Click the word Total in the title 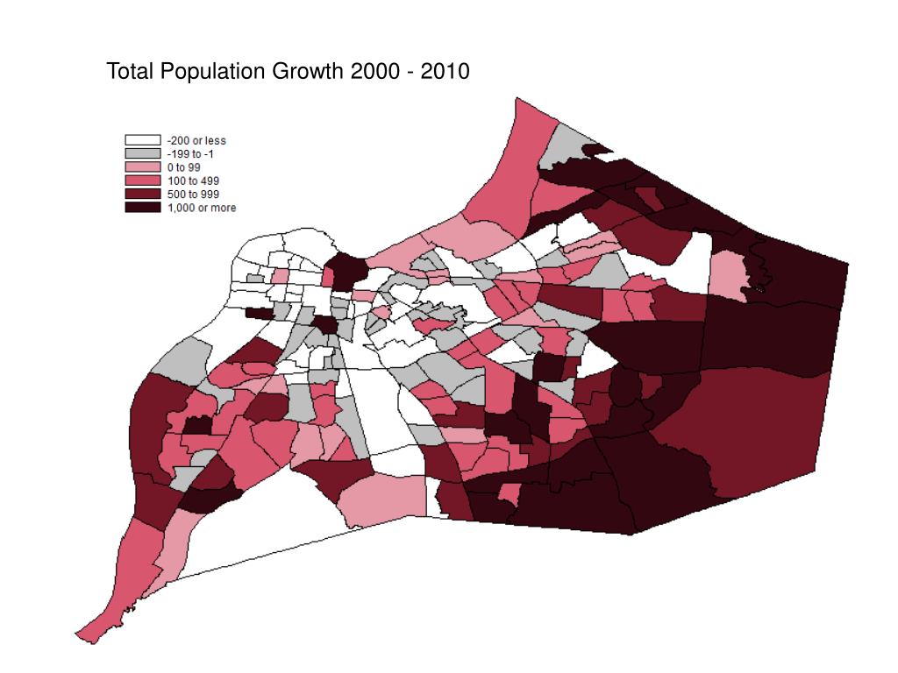point(130,71)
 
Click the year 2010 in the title point(445,71)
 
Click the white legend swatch point(142,140)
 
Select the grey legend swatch point(142,153)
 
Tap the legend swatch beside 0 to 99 point(142,166)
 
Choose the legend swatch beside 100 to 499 point(142,181)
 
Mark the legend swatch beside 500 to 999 point(142,194)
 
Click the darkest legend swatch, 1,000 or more point(142,208)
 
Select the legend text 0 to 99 point(185,166)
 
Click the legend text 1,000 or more point(202,208)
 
